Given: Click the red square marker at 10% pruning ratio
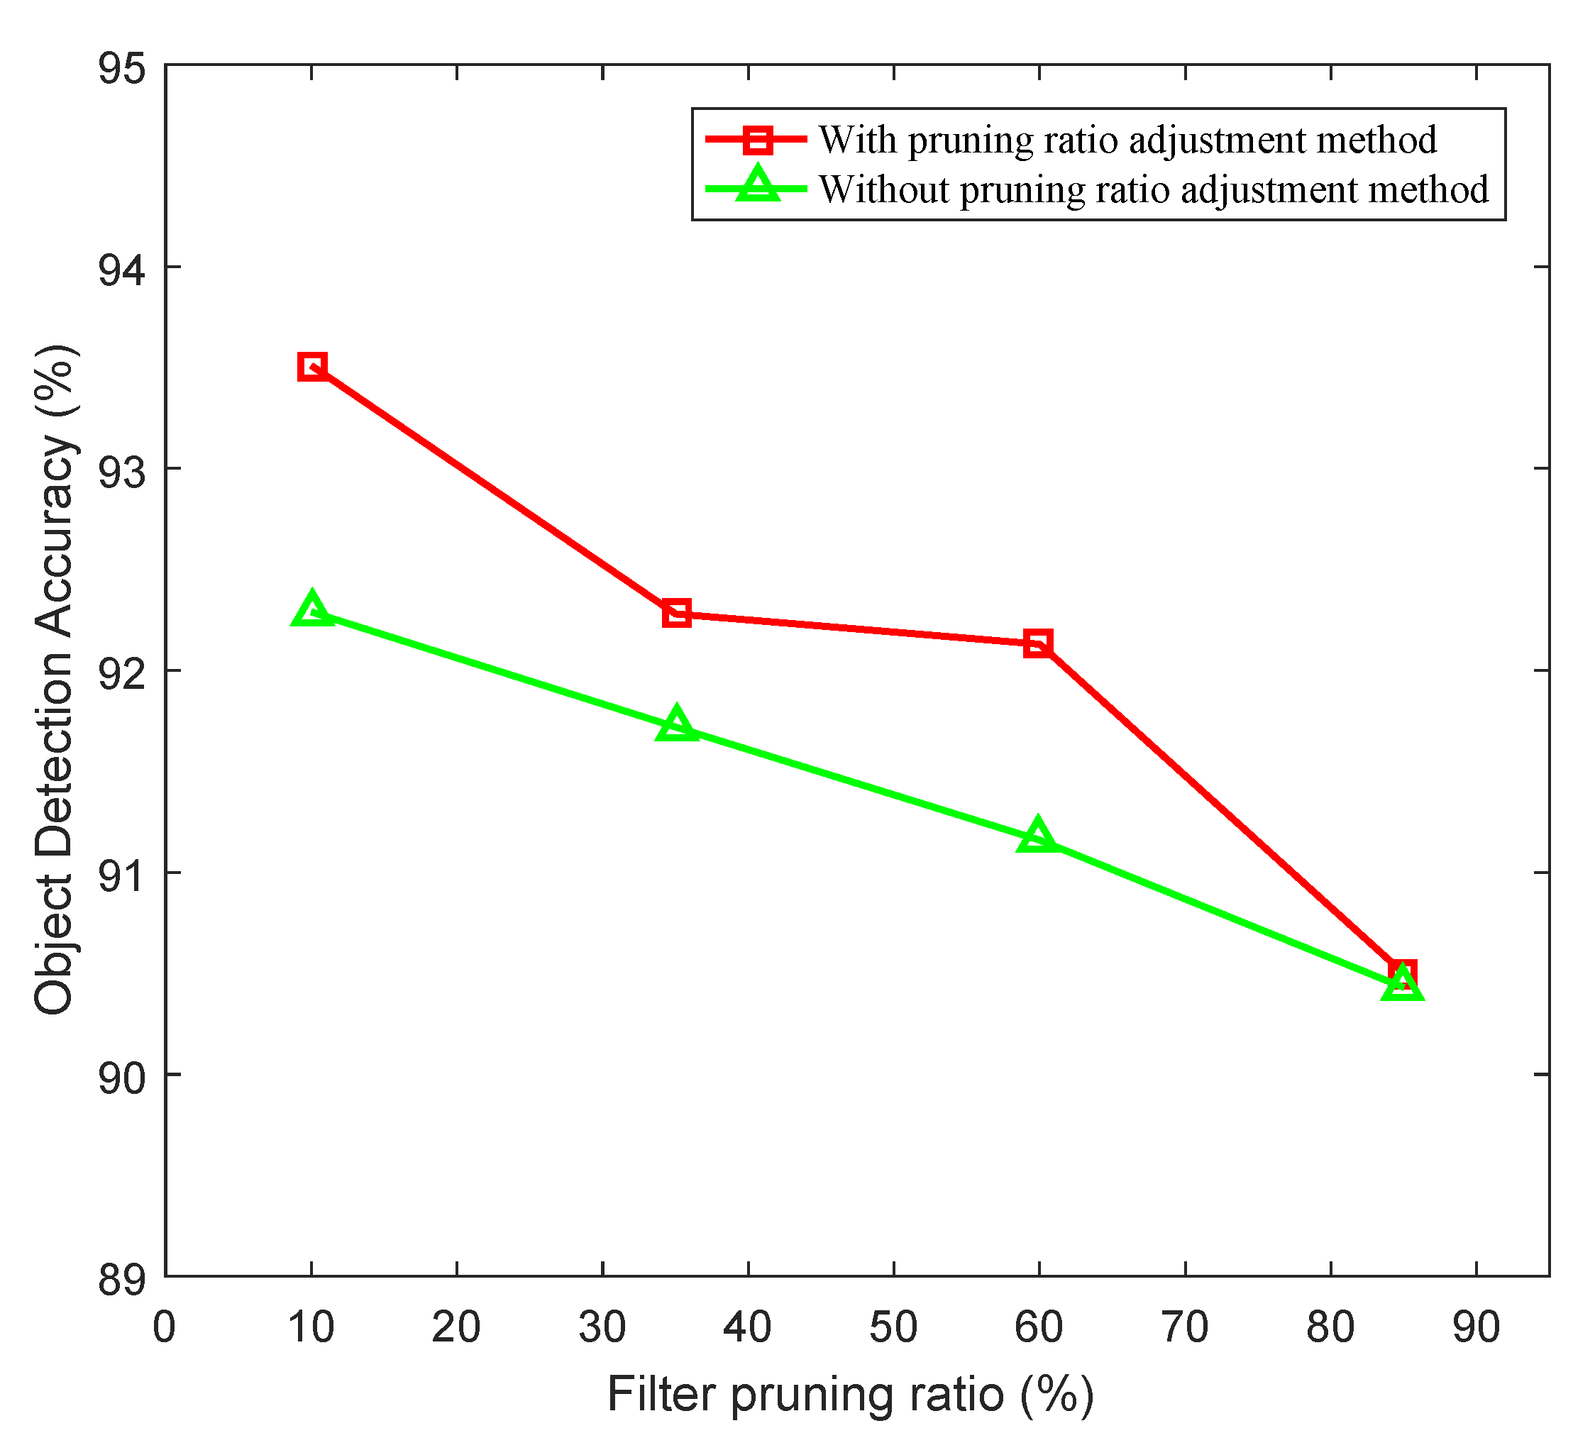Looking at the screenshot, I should pos(312,366).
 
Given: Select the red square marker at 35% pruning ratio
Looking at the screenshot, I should pos(676,612).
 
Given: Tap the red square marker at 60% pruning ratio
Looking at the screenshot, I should pos(1038,643).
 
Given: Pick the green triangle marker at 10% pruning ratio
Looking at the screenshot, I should pos(312,611).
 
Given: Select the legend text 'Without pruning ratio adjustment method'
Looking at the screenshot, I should pos(1154,190).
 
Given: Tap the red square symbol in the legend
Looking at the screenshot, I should pos(757,140).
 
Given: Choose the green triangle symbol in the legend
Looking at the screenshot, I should pos(757,186).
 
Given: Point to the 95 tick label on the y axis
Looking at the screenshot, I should pos(122,69).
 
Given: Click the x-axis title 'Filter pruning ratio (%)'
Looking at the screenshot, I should pos(851,1395).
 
